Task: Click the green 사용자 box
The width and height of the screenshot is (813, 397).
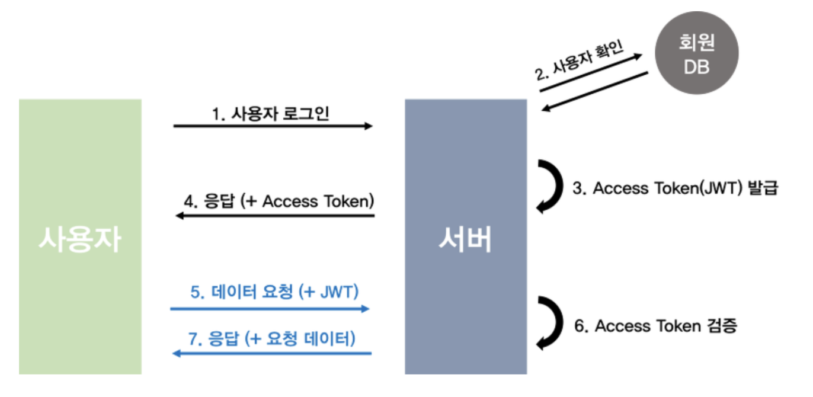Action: point(80,237)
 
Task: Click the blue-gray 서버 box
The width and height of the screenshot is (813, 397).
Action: point(466,237)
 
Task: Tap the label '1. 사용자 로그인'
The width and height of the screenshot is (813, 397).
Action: point(271,113)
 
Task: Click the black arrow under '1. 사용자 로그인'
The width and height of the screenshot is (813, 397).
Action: point(273,126)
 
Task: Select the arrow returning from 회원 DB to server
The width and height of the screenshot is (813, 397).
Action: point(595,91)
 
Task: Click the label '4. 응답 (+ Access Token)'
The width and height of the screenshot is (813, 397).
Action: point(279,201)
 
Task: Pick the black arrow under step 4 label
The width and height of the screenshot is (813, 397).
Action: point(276,216)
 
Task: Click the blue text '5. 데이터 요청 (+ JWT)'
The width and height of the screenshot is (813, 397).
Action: point(274,293)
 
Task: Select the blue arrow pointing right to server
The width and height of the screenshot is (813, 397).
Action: point(270,309)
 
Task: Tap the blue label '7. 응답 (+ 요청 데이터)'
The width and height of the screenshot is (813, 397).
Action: point(272,339)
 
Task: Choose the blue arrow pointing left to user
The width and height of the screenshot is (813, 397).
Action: point(271,354)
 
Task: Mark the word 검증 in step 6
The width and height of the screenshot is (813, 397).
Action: point(722,326)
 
